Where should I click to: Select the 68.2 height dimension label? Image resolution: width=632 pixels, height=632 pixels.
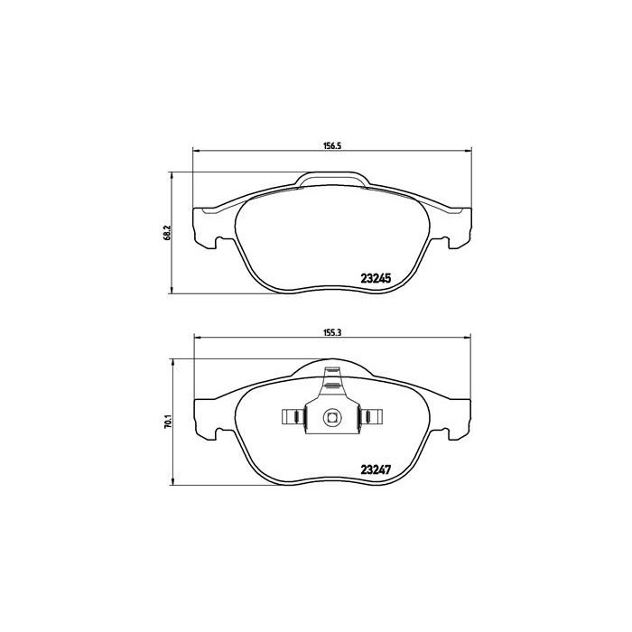point(165,232)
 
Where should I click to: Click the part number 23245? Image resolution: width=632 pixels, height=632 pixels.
point(375,279)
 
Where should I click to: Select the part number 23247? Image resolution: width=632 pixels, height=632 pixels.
point(375,469)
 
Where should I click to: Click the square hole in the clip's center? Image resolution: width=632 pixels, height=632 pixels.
point(331,417)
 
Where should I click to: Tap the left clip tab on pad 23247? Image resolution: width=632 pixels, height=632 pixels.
point(291,417)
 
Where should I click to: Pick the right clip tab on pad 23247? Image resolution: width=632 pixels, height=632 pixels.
point(373,417)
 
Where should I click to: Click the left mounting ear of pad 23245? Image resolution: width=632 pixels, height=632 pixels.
point(206,226)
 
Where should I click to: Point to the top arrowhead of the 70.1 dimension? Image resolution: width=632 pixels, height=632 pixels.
point(173,361)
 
